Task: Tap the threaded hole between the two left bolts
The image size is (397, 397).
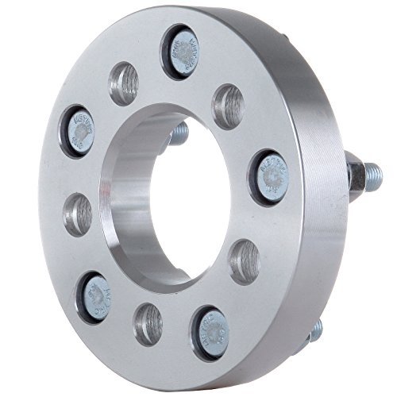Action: coord(77,212)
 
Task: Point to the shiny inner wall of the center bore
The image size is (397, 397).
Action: coord(127,198)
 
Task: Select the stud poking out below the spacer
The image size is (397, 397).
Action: coord(315,330)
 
